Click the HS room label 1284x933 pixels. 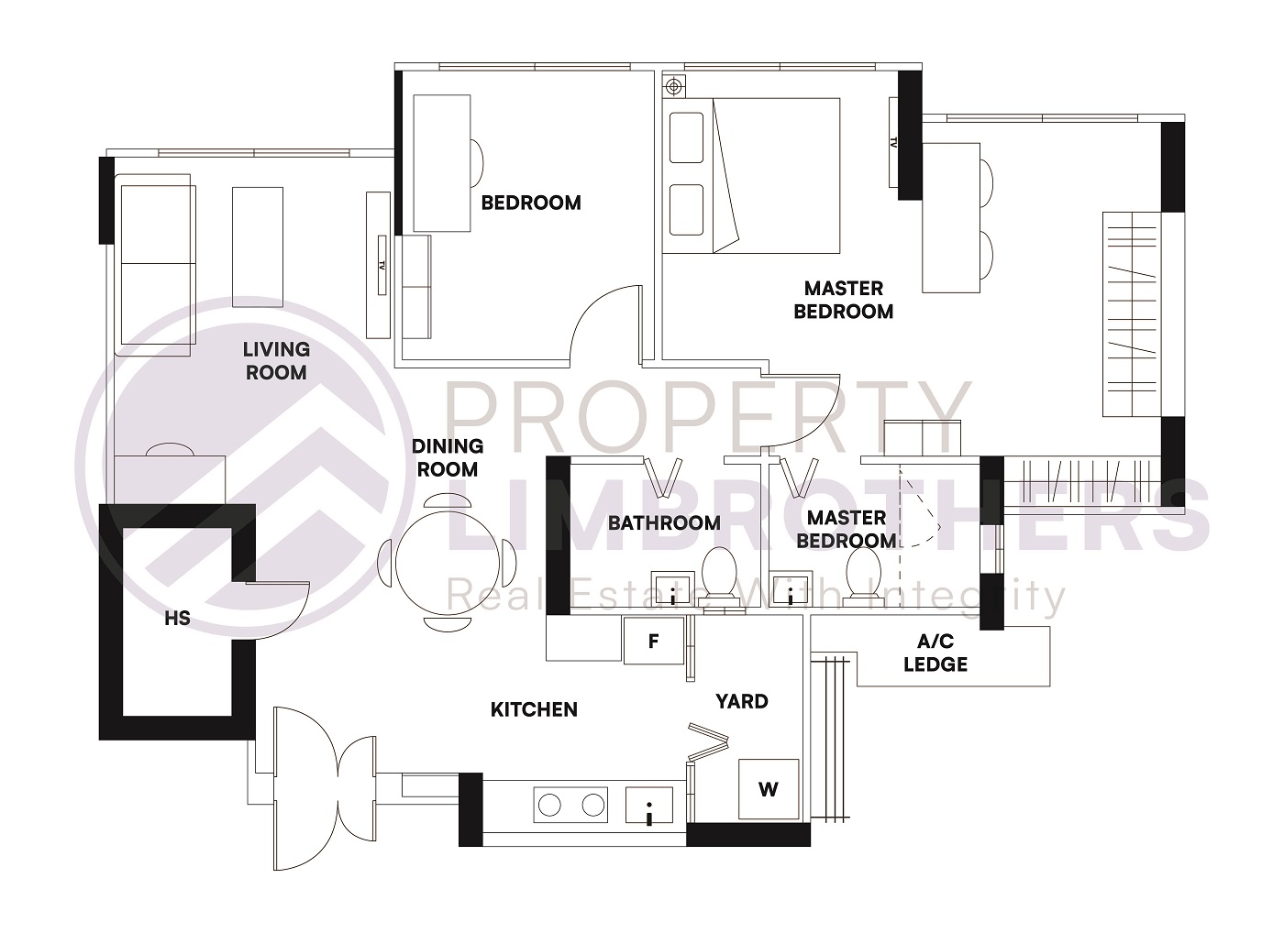coord(177,619)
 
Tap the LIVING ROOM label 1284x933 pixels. coord(276,361)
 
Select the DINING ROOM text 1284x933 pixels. coord(448,457)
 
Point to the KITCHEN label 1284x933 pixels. coord(534,709)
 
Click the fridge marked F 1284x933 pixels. coord(654,641)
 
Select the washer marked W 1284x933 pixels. coord(769,789)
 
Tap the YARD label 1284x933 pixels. coord(741,701)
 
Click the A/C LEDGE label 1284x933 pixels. coord(935,653)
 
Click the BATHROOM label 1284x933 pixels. coord(664,523)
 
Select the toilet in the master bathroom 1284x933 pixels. coord(863,576)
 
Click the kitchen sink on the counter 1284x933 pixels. coord(649,806)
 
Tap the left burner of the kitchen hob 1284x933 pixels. coord(549,805)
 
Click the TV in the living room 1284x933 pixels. coord(381,265)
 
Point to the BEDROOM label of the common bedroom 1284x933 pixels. coord(531,203)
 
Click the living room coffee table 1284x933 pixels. coord(258,247)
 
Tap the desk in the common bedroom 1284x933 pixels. coord(442,163)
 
